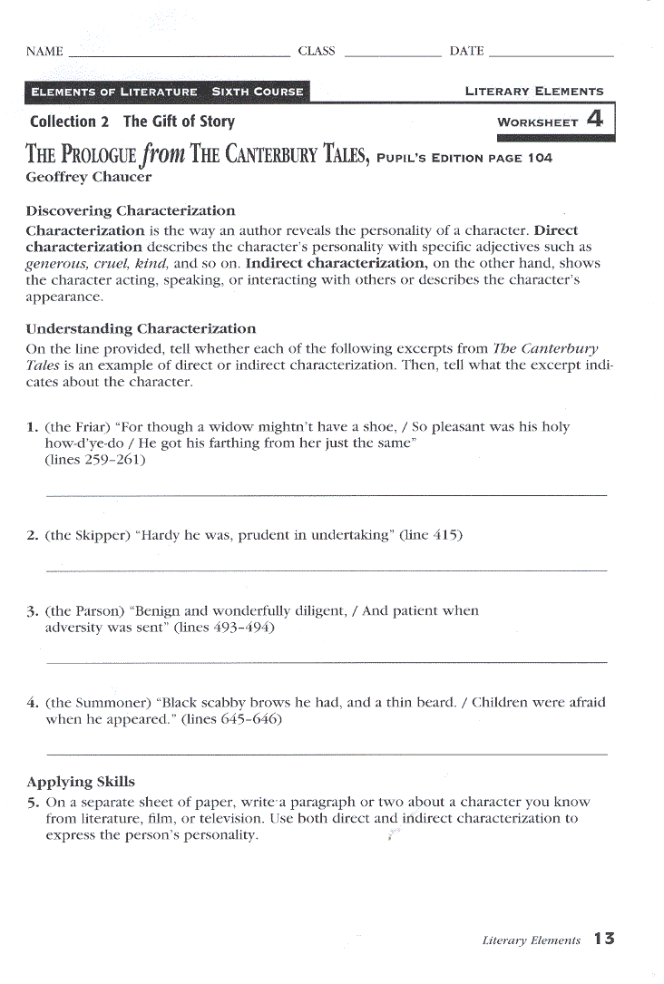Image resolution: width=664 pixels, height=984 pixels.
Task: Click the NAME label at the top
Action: [44, 52]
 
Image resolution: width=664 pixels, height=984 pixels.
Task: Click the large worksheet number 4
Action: [595, 119]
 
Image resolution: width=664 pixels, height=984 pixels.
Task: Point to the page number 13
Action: [604, 939]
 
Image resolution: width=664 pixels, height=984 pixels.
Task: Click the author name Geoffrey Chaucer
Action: [89, 178]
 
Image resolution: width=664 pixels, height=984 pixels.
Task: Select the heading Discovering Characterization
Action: [131, 211]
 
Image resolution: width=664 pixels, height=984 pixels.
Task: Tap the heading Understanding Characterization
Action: [141, 328]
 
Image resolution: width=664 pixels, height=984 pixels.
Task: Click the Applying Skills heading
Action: [81, 782]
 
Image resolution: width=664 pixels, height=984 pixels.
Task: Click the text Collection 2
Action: [63, 122]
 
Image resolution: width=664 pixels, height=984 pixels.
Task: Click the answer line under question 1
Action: [326, 495]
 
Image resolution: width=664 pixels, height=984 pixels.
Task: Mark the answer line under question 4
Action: [326, 754]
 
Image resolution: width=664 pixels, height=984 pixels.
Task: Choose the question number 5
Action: [33, 802]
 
